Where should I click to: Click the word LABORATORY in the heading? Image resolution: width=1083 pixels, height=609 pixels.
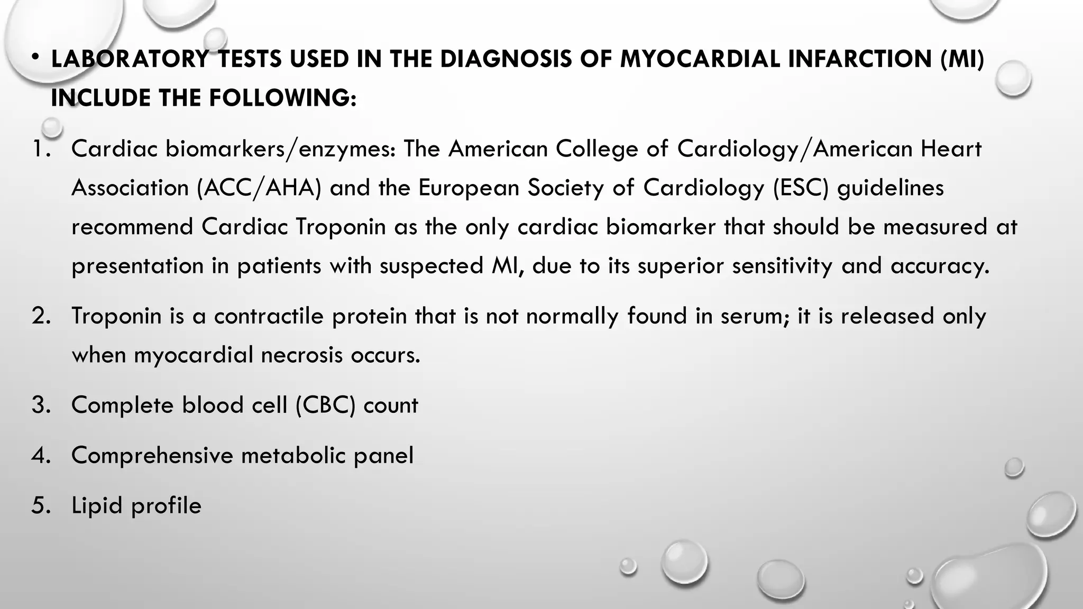(x=130, y=59)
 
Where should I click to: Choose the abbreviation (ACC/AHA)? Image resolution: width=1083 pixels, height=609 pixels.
(x=259, y=188)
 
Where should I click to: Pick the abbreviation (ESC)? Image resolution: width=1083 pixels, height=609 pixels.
(x=801, y=188)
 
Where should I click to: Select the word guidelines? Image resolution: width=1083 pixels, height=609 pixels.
(x=891, y=188)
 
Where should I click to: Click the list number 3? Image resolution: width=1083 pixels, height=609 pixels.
(x=40, y=405)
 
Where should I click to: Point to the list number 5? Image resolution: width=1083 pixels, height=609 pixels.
(x=40, y=506)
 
